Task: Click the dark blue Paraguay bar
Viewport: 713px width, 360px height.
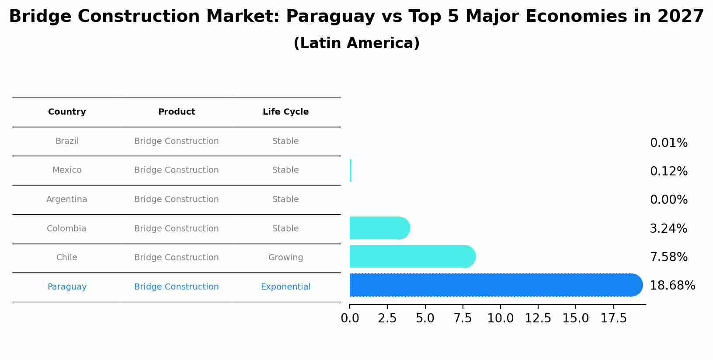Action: click(x=494, y=285)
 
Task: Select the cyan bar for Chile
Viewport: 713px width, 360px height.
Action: click(x=411, y=256)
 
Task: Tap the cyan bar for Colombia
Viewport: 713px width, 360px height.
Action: click(x=379, y=228)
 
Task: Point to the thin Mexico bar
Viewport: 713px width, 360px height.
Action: click(x=351, y=171)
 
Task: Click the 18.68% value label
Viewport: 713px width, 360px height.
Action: click(x=672, y=286)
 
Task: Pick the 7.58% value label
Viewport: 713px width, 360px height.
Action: click(x=668, y=257)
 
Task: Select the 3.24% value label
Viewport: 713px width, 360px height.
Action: click(x=668, y=229)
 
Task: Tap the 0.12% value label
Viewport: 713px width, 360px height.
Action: click(x=668, y=171)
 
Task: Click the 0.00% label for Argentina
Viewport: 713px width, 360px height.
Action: click(x=668, y=200)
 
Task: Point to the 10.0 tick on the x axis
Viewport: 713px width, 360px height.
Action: click(x=500, y=318)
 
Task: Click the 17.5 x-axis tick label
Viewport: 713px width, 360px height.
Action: click(x=613, y=318)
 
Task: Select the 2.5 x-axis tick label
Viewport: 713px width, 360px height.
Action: click(x=387, y=318)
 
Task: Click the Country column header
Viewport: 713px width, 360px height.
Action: click(x=67, y=112)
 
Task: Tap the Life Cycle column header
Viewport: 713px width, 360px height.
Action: click(x=285, y=112)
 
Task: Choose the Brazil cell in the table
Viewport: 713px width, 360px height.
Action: click(x=67, y=141)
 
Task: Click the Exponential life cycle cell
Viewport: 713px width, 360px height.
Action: click(x=285, y=287)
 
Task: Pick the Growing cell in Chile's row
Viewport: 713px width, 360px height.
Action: click(x=285, y=258)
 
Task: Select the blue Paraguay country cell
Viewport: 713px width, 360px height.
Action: click(x=67, y=287)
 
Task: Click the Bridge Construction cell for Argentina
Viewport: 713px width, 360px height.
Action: click(x=176, y=199)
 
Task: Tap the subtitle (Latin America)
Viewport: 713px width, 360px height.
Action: click(x=356, y=43)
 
